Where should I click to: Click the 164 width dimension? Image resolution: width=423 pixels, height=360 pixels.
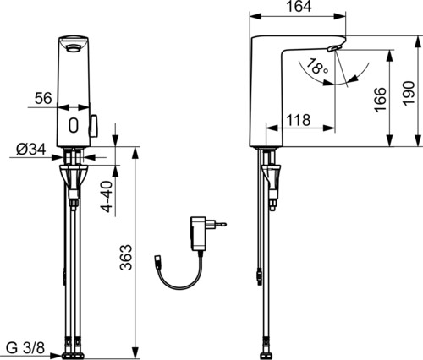(x=299, y=7)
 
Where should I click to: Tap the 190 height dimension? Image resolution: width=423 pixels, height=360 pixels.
(x=409, y=93)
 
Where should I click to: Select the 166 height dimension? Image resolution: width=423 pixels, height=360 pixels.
(x=381, y=100)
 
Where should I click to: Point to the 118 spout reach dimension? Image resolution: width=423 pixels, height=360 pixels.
(x=299, y=120)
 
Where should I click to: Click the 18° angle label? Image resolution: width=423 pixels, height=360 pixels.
(x=316, y=67)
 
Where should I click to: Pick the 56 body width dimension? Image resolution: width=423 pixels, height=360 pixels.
(x=43, y=98)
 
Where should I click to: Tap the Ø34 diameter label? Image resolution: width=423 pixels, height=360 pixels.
(x=31, y=150)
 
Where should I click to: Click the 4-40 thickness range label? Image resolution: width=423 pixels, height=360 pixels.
(x=107, y=196)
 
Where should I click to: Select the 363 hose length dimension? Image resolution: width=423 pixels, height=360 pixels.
(x=126, y=258)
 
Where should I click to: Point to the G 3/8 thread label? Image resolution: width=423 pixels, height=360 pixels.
(x=25, y=348)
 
